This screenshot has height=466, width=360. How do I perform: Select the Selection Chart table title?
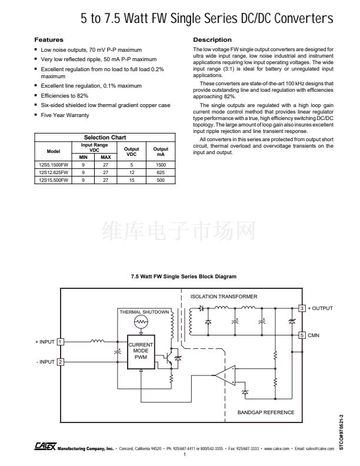pos(105,137)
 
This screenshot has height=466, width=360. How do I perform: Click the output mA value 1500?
pos(161,165)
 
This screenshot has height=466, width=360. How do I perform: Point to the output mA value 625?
pos(161,173)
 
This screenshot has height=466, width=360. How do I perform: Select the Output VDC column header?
pos(132,151)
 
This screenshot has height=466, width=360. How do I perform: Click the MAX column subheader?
pos(105,157)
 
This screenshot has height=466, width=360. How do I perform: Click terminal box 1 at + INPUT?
pos(60,341)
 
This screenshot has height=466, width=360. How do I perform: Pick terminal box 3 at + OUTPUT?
pos(302,308)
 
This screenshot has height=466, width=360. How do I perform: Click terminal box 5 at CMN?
pos(302,335)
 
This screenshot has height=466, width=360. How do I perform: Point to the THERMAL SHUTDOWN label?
pos(144,311)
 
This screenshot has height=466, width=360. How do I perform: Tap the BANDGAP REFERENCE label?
pos(266,412)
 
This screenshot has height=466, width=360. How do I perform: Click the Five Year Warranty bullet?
pos(65,115)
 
